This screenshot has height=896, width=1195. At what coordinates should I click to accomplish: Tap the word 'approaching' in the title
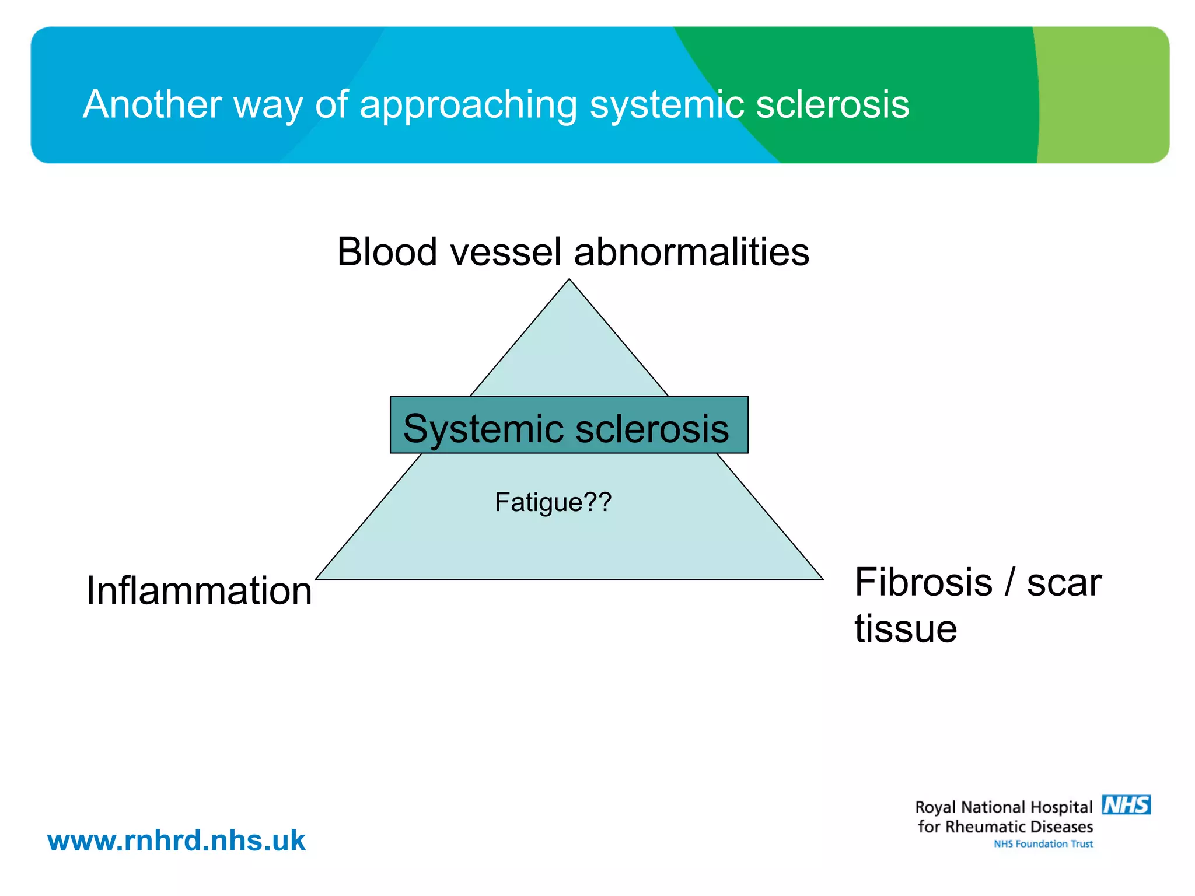click(x=468, y=106)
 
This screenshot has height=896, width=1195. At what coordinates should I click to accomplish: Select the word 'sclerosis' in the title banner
click(x=833, y=104)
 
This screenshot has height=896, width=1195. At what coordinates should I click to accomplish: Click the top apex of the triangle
click(x=569, y=281)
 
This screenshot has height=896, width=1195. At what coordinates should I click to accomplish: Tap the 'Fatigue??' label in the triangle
click(x=553, y=502)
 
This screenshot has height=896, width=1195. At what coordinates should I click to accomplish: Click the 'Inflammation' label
click(x=199, y=590)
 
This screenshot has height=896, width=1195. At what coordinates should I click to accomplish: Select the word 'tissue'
click(x=906, y=628)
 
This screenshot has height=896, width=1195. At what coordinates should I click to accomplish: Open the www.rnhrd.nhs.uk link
click(x=176, y=841)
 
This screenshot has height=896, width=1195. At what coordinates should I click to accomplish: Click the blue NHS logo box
click(x=1126, y=805)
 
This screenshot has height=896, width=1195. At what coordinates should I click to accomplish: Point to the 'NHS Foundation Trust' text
click(x=1043, y=844)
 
